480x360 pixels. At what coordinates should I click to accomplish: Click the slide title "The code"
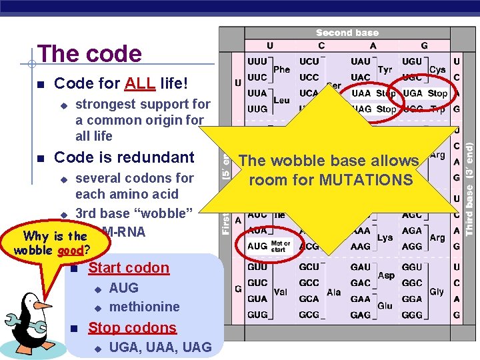pos(89,54)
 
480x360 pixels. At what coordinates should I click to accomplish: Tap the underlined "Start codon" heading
pos(129,268)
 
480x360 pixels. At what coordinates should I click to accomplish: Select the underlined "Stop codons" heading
pos(132,327)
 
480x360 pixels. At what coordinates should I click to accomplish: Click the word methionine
pos(144,307)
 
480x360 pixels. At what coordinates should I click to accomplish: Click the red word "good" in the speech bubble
pos(69,250)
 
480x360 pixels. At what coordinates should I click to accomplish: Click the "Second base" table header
pos(347,33)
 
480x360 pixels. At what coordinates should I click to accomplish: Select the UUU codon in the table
pos(257,61)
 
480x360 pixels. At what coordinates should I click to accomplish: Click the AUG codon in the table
pos(257,246)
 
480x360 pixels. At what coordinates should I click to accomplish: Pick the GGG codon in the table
pos(412,314)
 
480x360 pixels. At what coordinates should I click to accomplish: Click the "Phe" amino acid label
pos(281,69)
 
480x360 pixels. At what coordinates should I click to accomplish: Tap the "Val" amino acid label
pos(281,292)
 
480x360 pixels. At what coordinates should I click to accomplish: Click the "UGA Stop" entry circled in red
pos(425,93)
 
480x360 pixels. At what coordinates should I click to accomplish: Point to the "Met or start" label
pos(280,246)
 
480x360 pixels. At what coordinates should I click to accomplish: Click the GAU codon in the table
pos(360,267)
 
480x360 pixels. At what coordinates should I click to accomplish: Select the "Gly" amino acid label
pos(436,292)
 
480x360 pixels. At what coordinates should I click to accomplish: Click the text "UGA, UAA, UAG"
pos(160,347)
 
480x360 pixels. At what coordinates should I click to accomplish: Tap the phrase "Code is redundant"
pos(124,157)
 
